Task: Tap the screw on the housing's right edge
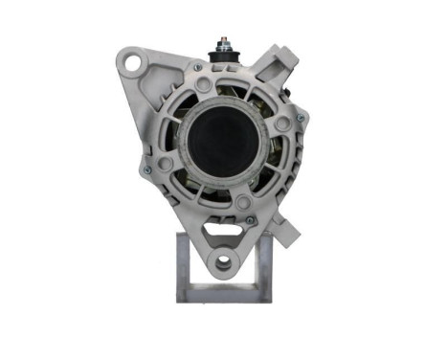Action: [301, 118]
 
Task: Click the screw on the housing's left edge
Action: [146, 169]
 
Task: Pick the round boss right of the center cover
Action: [281, 124]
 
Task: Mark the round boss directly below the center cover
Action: [243, 202]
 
